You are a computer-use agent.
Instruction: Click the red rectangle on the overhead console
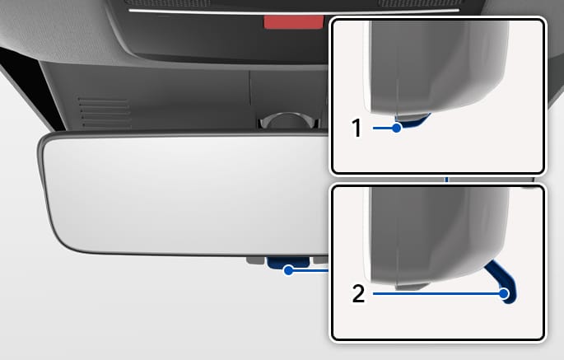293,22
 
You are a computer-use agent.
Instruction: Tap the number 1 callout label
356,128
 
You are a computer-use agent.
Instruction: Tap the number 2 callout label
358,294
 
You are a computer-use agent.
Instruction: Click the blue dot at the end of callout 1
396,128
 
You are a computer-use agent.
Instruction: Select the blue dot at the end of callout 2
504,294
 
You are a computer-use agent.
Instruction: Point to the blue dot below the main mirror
288,270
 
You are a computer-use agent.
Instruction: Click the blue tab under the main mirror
287,262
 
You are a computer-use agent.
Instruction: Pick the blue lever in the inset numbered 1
413,121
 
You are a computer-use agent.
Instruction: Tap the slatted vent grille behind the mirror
104,111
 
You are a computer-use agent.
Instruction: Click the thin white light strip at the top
294,12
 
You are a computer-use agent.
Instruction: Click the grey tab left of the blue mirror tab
256,260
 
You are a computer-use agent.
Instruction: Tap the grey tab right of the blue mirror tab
320,260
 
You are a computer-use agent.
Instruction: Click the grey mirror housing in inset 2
437,234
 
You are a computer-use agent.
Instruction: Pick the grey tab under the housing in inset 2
412,287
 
